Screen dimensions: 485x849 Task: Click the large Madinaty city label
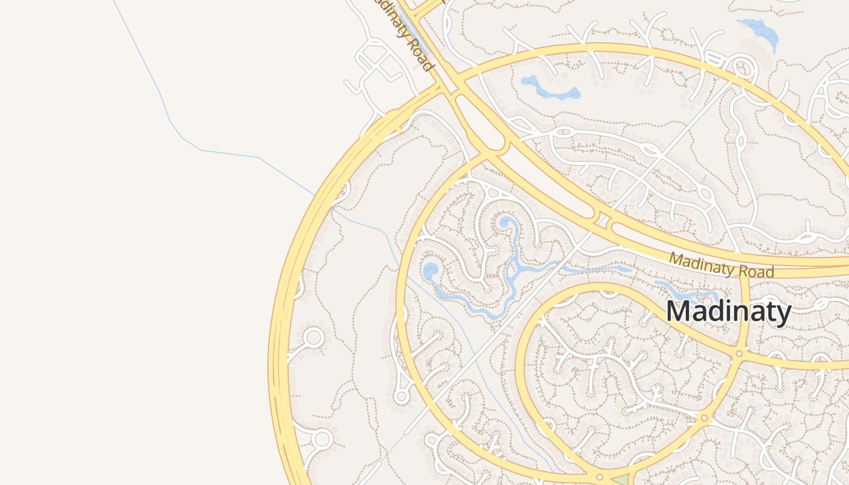[728, 312]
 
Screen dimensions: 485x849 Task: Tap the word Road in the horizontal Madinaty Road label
[756, 271]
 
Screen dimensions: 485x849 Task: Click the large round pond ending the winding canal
[431, 271]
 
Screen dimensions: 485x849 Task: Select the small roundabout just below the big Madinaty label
[739, 353]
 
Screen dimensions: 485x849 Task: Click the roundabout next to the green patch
[599, 477]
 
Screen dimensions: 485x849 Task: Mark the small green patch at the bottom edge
[619, 481]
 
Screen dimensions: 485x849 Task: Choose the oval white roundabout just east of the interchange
[563, 131]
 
